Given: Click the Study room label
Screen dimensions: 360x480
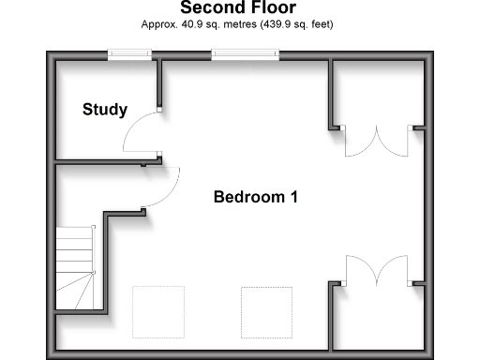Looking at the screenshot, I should [x=104, y=110].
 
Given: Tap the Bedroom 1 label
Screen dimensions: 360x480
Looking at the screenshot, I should [x=256, y=197].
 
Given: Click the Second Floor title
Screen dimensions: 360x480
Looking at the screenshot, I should [x=237, y=8].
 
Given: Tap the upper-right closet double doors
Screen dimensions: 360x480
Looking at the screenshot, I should [x=376, y=141].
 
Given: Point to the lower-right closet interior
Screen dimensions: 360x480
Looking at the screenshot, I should [x=380, y=319].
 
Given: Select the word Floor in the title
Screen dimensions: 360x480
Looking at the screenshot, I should [x=268, y=8].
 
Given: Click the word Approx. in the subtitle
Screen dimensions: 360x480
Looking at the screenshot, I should [x=157, y=24].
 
